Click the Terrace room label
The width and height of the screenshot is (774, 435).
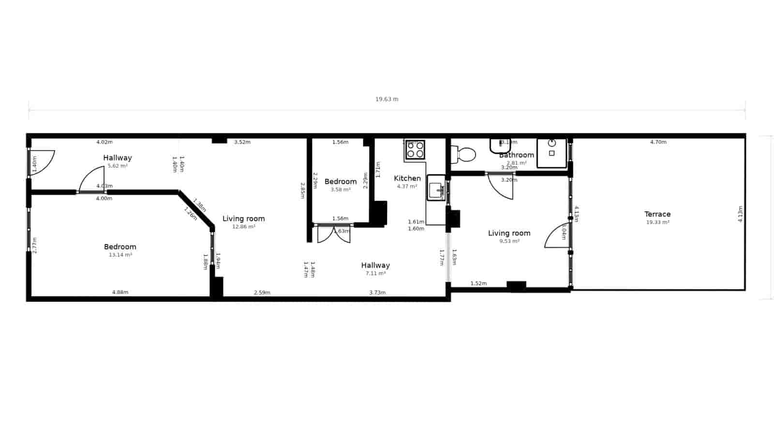(657, 214)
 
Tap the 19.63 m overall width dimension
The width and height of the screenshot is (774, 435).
(387, 99)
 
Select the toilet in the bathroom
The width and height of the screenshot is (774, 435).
(463, 155)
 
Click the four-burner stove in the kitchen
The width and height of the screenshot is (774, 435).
(415, 150)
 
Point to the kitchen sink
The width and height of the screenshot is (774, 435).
(436, 188)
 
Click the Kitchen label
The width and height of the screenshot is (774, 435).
(407, 178)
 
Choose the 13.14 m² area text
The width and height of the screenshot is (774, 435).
(120, 255)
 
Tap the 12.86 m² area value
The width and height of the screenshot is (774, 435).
(244, 227)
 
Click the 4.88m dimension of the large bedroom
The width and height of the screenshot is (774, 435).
(120, 292)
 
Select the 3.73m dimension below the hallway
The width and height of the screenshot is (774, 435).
(377, 292)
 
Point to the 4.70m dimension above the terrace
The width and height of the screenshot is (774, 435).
(658, 142)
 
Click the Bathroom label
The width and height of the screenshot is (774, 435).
(517, 155)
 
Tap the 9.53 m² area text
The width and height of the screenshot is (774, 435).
(509, 241)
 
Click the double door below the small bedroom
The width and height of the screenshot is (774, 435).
(334, 234)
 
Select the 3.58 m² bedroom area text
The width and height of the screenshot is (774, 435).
(341, 189)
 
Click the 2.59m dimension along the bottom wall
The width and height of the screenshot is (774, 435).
(262, 292)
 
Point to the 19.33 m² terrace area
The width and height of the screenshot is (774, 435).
(657, 222)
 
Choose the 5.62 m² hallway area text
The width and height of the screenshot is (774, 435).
(118, 166)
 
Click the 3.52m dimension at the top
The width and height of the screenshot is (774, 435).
(242, 142)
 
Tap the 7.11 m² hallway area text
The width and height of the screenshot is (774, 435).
(375, 274)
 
